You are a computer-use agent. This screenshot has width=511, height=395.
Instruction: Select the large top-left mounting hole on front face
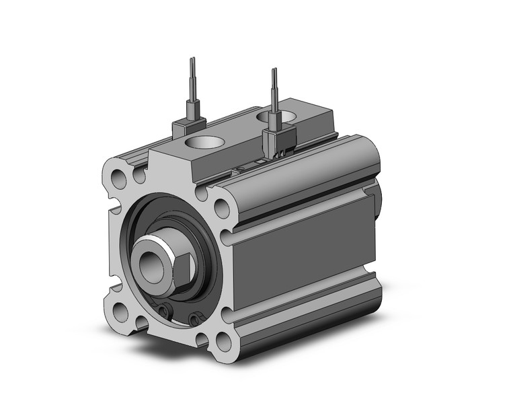pos(118,180)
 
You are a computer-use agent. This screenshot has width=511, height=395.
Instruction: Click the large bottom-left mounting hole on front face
pos(121,312)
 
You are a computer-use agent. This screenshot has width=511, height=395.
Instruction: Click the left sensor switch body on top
pos(188,126)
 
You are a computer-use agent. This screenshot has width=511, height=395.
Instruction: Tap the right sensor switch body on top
pos(276,138)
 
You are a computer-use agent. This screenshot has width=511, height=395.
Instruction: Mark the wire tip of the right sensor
pos(274,71)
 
